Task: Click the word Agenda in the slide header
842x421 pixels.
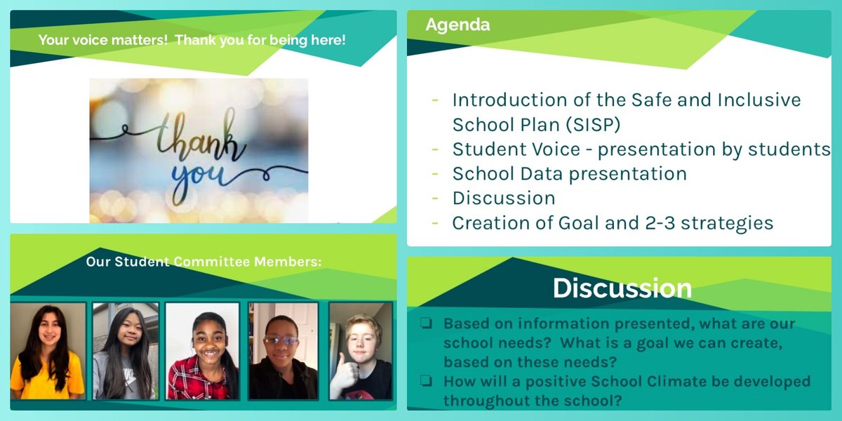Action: [457, 25]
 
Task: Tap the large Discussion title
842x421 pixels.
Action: [622, 288]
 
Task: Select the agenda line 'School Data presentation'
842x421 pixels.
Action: [569, 173]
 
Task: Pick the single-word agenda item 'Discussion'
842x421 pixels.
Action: [504, 199]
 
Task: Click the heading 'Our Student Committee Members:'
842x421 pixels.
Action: [203, 262]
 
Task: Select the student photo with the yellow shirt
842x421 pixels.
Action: [48, 351]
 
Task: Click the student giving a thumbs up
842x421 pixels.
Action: [360, 351]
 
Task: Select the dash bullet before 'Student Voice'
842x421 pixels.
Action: [436, 149]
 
